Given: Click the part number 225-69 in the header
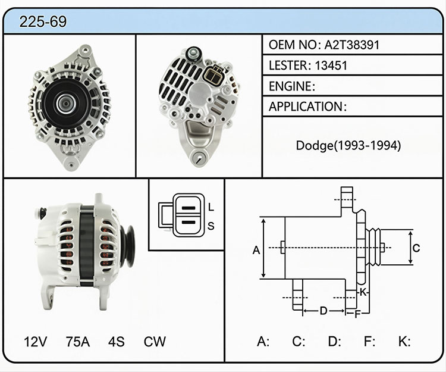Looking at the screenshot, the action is pyautogui.click(x=43, y=21).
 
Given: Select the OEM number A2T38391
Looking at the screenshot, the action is pyautogui.click(x=352, y=45).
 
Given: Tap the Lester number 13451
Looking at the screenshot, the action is pyautogui.click(x=331, y=65).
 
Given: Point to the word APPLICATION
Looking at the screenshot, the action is pyautogui.click(x=306, y=107).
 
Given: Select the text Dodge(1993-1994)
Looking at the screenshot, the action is pyautogui.click(x=348, y=145).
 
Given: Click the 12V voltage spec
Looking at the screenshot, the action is pyautogui.click(x=35, y=342).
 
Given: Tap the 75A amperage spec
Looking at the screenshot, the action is pyautogui.click(x=78, y=342).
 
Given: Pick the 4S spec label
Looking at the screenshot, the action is pyautogui.click(x=116, y=342).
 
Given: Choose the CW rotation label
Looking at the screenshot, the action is pyautogui.click(x=155, y=342).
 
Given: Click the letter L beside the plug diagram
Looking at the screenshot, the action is pyautogui.click(x=211, y=207).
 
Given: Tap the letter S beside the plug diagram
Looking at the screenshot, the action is pyautogui.click(x=211, y=226).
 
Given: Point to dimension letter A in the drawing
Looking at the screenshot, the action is pyautogui.click(x=256, y=250).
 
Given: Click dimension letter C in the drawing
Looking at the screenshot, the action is pyautogui.click(x=416, y=248).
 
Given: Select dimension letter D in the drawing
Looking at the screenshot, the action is pyautogui.click(x=323, y=311).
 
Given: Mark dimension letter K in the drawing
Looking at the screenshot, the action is pyautogui.click(x=363, y=292).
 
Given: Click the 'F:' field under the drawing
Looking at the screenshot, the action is pyautogui.click(x=369, y=341).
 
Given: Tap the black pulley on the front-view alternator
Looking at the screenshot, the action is pyautogui.click(x=66, y=104).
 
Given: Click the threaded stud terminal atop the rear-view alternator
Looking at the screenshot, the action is pyautogui.click(x=193, y=54).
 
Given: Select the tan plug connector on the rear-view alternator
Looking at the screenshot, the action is pyautogui.click(x=213, y=75).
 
